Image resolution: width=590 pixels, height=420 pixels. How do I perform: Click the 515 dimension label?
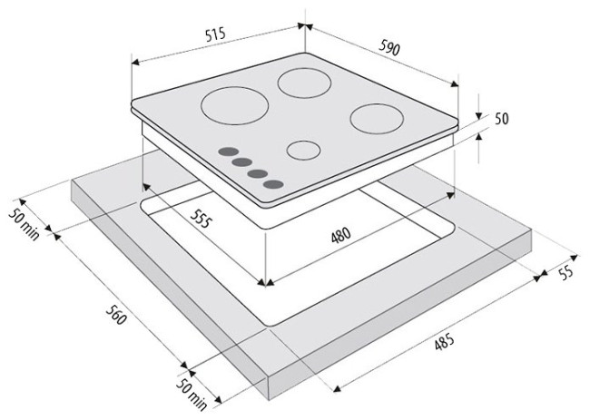pyautogui.click(x=215, y=34)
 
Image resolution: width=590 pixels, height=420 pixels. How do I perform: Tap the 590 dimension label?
pyautogui.click(x=389, y=47)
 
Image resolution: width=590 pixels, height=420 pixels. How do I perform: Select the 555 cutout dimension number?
pyautogui.click(x=199, y=219)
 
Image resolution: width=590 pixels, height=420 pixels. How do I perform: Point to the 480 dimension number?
pyautogui.click(x=341, y=235)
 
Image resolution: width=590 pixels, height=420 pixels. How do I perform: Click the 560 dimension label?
pyautogui.click(x=115, y=315)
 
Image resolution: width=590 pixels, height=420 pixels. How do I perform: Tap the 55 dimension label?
pyautogui.click(x=565, y=272)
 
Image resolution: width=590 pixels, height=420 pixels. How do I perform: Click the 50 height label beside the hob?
pyautogui.click(x=501, y=119)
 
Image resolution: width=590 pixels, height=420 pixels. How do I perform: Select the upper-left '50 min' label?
pyautogui.click(x=25, y=224)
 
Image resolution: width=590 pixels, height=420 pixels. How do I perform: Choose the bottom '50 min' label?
pyautogui.click(x=192, y=395)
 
